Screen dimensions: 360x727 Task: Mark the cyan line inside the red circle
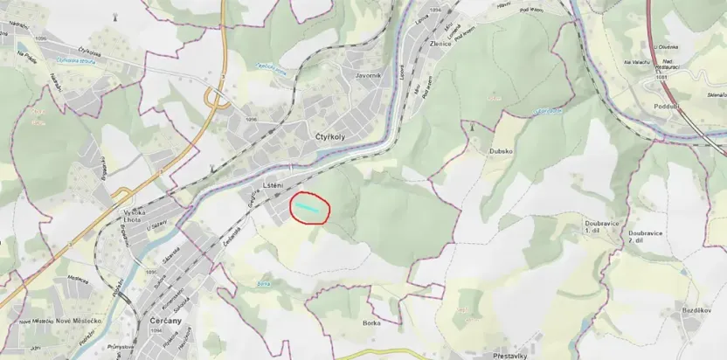[308, 205]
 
